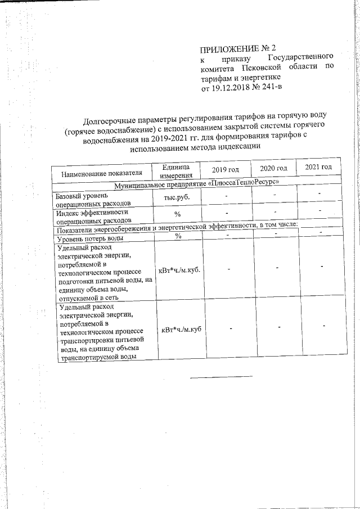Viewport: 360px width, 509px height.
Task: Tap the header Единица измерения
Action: coord(178,172)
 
